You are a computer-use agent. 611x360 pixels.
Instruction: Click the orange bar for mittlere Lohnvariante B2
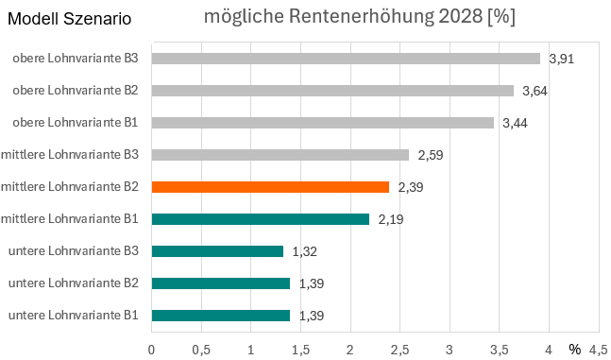click(x=270, y=187)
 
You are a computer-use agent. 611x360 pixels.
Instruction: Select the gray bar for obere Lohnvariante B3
click(x=346, y=59)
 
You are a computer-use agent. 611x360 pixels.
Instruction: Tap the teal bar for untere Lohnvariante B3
click(x=217, y=251)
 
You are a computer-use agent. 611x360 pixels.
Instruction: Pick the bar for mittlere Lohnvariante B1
click(x=260, y=219)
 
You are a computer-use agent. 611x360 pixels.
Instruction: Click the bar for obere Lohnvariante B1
click(x=322, y=123)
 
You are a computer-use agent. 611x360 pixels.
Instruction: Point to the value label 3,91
click(x=562, y=59)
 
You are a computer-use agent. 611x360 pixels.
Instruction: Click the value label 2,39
click(x=411, y=187)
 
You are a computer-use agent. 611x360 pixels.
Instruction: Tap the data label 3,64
click(x=535, y=91)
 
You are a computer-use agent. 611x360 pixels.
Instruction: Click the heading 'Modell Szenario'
click(x=70, y=19)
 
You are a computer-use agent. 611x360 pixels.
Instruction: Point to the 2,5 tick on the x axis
click(x=399, y=349)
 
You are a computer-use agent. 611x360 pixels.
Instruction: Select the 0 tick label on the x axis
click(x=152, y=349)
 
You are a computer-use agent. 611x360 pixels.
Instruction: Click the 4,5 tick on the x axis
click(x=598, y=349)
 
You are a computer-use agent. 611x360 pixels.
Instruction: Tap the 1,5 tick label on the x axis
click(x=300, y=349)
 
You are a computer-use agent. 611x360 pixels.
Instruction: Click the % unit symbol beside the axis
click(x=574, y=349)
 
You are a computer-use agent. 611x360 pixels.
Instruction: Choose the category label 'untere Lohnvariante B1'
click(x=74, y=316)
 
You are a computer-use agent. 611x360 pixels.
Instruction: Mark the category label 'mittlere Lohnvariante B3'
click(x=71, y=155)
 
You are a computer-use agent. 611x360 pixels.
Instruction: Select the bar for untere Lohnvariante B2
click(x=221, y=283)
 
